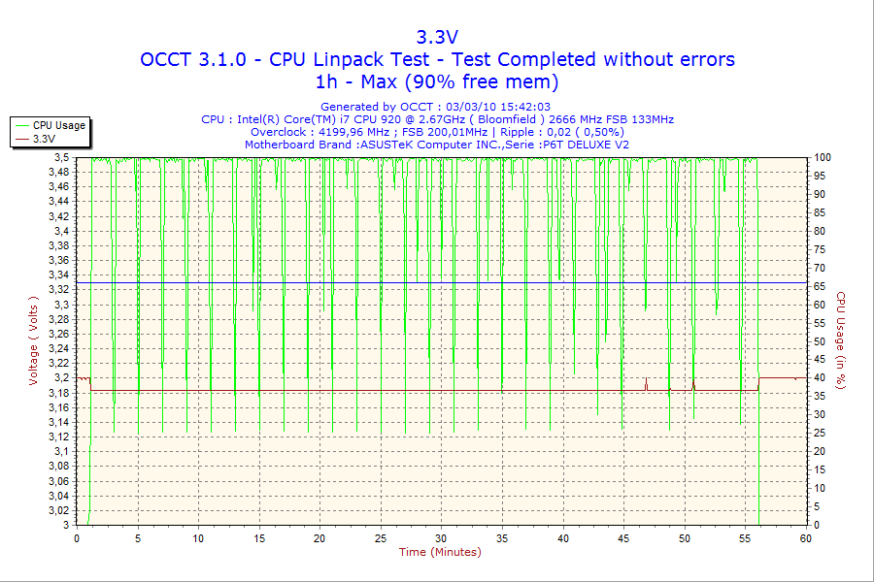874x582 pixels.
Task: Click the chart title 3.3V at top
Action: click(437, 37)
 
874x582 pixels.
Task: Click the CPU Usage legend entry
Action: click(58, 125)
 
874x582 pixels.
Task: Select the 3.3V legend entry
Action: click(44, 139)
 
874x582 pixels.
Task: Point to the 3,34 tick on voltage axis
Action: click(59, 275)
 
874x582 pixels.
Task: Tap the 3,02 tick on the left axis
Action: click(59, 510)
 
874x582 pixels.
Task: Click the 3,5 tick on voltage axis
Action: click(62, 157)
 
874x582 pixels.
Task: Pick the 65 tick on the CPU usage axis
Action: click(820, 286)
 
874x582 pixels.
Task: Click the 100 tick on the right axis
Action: click(823, 157)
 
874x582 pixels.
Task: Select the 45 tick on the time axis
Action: click(623, 537)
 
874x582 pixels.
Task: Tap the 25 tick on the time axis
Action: click(381, 537)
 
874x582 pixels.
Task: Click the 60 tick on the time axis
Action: click(806, 537)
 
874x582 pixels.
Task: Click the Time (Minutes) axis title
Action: click(440, 552)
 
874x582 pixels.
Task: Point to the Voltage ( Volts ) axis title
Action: click(34, 339)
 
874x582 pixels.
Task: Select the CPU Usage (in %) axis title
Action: click(841, 339)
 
